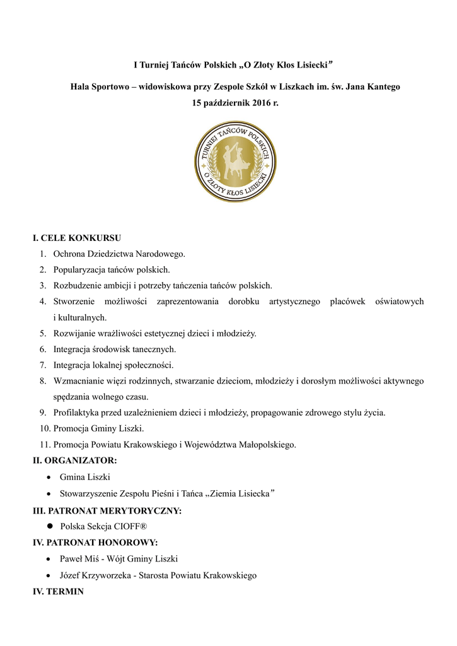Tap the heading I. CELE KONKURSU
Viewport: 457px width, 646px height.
(77, 238)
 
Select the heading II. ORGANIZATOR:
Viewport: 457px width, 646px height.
(74, 461)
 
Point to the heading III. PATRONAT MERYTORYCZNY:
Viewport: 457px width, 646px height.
(107, 510)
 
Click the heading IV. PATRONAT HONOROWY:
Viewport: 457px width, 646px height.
(95, 543)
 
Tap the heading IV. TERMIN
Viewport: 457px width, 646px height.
(58, 592)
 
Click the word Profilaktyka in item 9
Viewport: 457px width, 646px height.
(77, 413)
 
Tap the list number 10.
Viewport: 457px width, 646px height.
(44, 429)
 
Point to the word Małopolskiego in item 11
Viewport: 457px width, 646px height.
(266, 445)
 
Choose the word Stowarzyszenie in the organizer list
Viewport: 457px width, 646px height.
(90, 493)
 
